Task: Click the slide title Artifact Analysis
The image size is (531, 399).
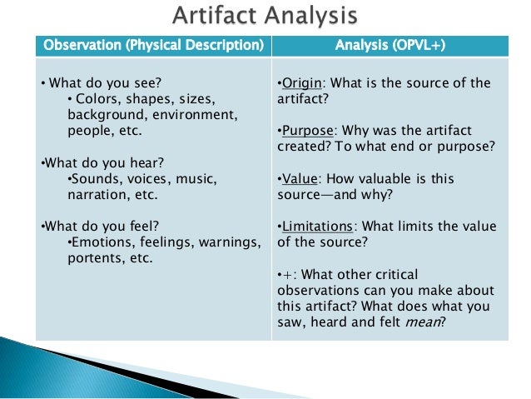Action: [x=265, y=16]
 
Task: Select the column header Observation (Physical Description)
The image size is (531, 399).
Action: [x=153, y=44]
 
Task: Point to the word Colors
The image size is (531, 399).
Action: [x=96, y=99]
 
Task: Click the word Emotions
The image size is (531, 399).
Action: [x=102, y=242]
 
